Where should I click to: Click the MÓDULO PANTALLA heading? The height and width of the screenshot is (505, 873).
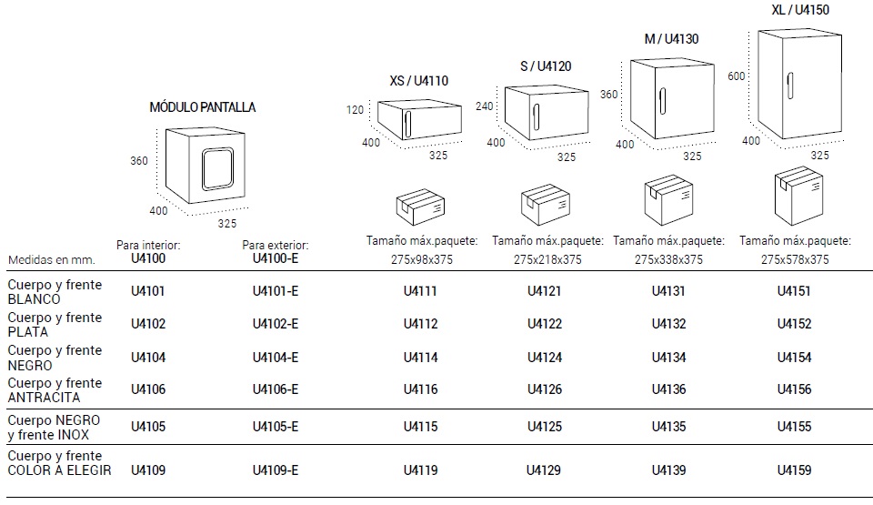202,107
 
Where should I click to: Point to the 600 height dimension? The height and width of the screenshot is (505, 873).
737,77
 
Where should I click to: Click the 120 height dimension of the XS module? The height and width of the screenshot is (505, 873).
355,110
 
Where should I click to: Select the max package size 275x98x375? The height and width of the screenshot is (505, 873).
419,259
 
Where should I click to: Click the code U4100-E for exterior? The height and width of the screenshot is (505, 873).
275,258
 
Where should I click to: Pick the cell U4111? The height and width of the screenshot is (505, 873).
420,292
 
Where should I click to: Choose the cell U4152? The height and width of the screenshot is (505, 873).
794,324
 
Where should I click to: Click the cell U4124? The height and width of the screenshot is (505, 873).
545,358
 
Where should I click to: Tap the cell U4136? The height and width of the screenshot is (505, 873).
668,389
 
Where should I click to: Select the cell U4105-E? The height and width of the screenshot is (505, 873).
275,427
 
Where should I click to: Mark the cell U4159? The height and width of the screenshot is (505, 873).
794,470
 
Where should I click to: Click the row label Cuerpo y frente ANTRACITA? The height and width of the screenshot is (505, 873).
55,389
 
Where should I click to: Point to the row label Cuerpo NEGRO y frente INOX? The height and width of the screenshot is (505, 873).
55,427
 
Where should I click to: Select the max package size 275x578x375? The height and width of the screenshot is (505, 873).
794,259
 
